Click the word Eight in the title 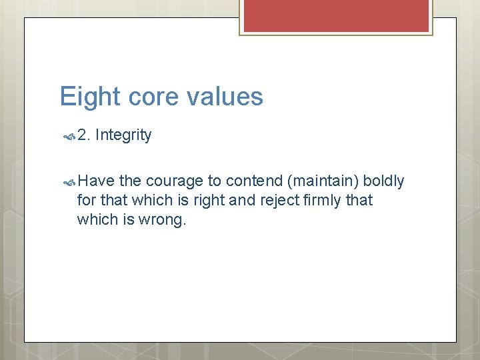click(x=86, y=97)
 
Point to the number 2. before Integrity click(x=84, y=135)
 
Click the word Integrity click(x=123, y=135)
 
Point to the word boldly click(x=383, y=181)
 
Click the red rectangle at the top click(x=336, y=15)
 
